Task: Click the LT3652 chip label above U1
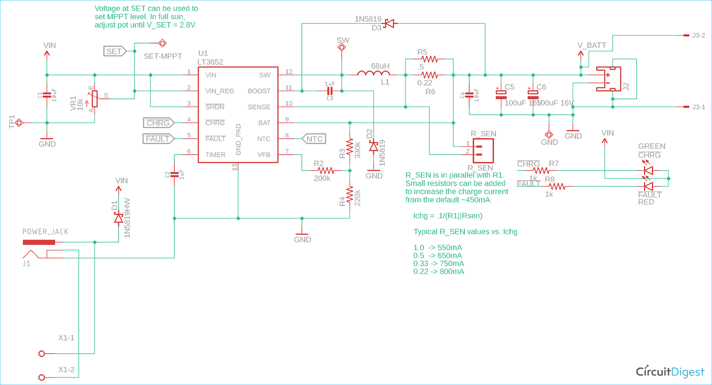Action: [x=210, y=62]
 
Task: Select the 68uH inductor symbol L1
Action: [x=374, y=74]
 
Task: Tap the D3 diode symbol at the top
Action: [x=389, y=23]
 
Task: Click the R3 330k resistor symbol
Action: [x=349, y=147]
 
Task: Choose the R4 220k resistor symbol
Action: [x=349, y=194]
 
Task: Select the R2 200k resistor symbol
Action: [x=326, y=170]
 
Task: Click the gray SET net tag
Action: [x=115, y=51]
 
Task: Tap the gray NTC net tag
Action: [x=313, y=139]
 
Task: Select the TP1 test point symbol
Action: [x=19, y=123]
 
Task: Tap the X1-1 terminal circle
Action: [x=42, y=354]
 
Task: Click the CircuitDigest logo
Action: [x=669, y=370]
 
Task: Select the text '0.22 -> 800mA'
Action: [x=439, y=272]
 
